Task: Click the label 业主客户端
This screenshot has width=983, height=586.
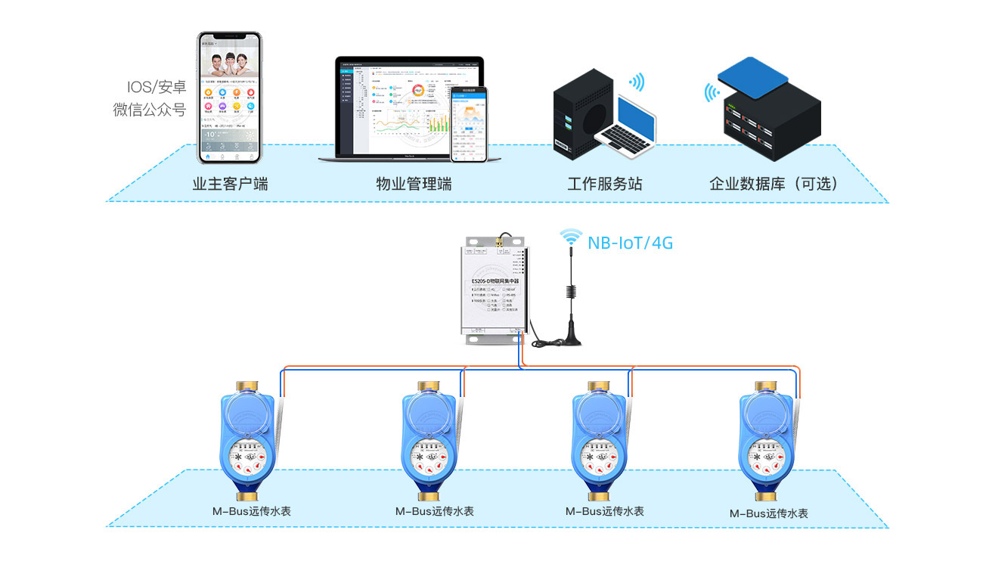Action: [x=229, y=184]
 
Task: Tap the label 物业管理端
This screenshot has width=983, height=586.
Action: [x=414, y=184]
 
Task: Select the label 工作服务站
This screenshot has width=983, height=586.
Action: [x=605, y=184]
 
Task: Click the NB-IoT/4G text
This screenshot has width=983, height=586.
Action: [x=630, y=243]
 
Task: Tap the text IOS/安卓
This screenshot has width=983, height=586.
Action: [x=157, y=88]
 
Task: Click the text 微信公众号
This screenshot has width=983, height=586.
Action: [x=150, y=110]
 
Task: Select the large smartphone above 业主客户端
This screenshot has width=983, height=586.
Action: [x=229, y=98]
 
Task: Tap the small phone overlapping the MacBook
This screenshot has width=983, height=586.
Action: [x=470, y=123]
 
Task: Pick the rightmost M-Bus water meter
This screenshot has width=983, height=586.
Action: [x=767, y=442]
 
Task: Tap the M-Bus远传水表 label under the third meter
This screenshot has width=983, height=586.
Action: [x=605, y=511]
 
